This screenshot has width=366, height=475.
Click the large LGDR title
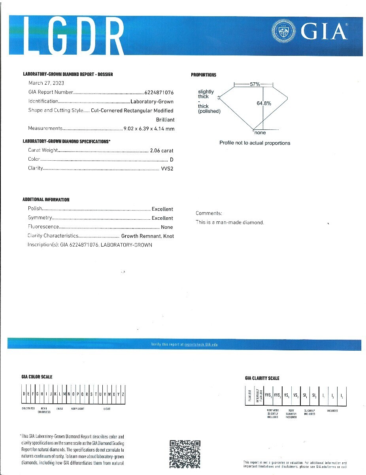(x=75, y=36)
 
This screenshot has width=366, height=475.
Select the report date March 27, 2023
(x=46, y=83)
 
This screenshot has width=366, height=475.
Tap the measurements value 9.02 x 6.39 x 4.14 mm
(x=149, y=129)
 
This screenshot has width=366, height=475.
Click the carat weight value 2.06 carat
(x=162, y=150)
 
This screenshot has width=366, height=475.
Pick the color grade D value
(x=172, y=160)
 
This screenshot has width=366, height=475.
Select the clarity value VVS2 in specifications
(x=168, y=169)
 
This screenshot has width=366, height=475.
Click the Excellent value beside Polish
(x=162, y=209)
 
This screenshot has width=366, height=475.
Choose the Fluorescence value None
(x=167, y=227)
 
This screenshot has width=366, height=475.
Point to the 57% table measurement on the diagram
(x=255, y=84)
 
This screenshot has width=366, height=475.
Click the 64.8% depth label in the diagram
(x=264, y=103)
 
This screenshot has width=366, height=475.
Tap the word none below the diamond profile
(x=260, y=133)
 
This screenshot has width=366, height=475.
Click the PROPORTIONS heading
(x=204, y=75)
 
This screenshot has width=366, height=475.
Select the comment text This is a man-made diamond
(x=230, y=222)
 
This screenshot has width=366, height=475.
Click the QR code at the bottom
(x=185, y=454)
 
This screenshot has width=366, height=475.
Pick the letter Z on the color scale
(x=123, y=394)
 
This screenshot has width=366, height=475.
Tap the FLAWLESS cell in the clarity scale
(x=249, y=395)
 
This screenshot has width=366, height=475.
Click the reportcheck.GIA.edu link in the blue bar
(x=201, y=344)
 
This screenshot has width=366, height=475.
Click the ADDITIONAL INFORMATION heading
(x=46, y=200)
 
